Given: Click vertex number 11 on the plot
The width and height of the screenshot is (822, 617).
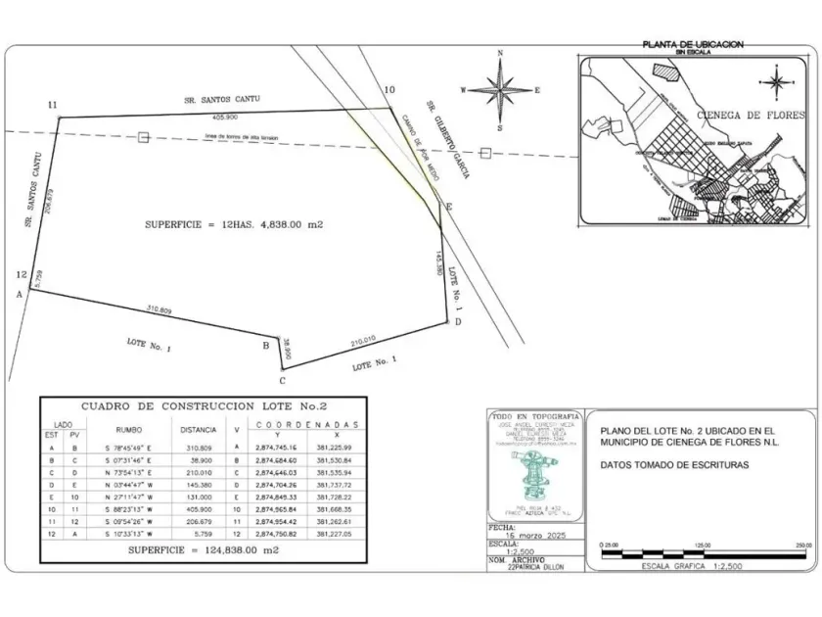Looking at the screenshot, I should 52,104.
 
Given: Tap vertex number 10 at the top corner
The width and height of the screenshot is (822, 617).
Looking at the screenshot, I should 389,90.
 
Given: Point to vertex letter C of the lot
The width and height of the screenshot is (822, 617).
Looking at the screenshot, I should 282,380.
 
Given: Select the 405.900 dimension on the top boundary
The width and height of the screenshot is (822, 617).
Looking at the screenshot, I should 225,117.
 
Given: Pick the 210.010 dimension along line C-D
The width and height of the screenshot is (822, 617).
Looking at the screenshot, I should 363,341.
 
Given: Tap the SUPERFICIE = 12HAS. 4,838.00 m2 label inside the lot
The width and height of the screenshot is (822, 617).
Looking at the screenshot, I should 234,224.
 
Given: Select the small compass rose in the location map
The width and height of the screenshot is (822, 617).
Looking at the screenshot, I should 776,80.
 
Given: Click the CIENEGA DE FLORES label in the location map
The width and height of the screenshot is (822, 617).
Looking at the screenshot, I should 752,115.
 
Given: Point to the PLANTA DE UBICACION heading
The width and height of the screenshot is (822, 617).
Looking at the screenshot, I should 692,45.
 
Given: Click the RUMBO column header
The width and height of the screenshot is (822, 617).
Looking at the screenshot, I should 129,429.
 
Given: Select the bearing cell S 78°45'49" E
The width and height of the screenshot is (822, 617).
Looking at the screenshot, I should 129,448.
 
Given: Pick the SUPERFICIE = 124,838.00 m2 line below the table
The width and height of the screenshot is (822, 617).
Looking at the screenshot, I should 203,551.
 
